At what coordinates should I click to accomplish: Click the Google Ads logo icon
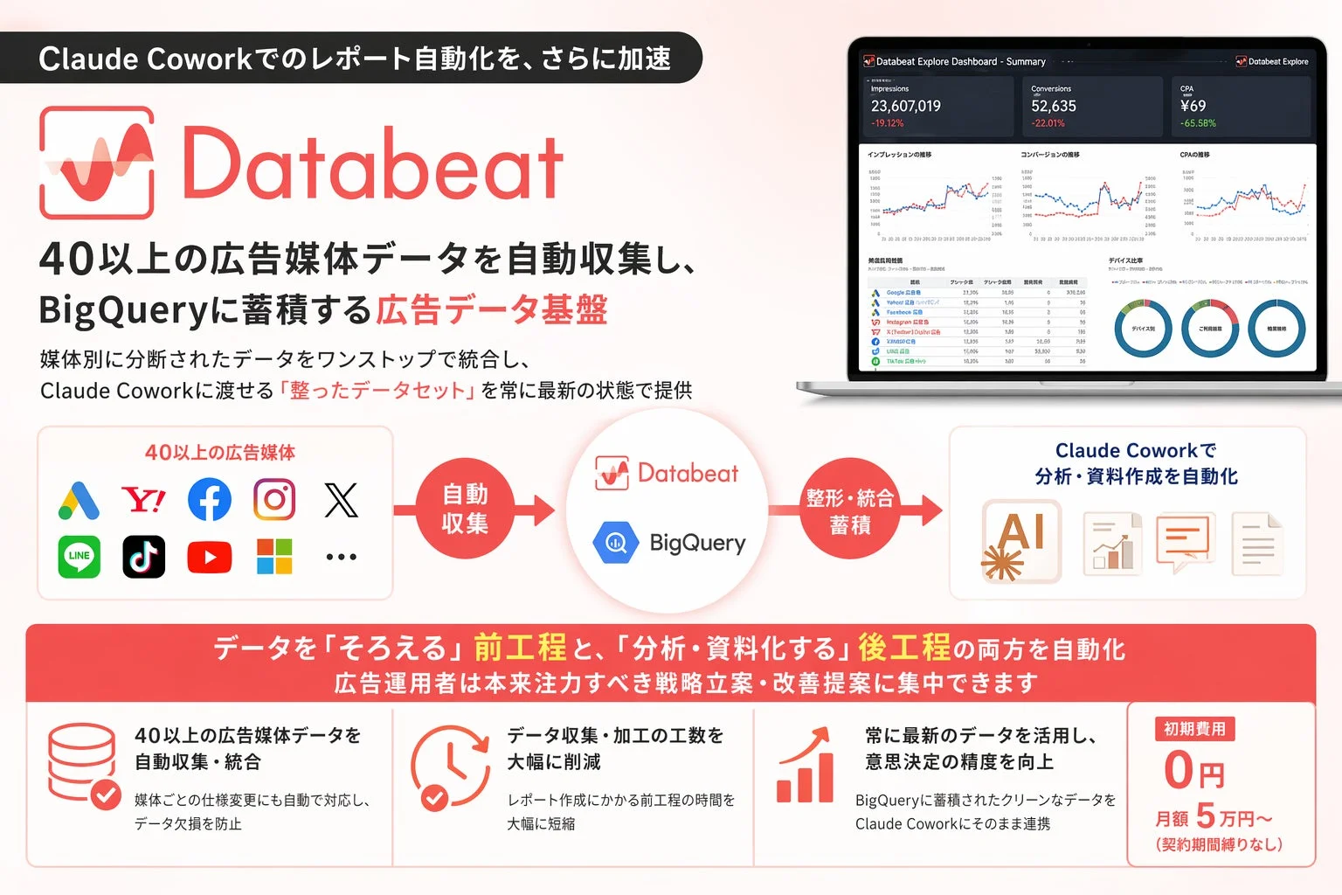80,500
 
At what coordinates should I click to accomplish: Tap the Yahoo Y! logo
144,500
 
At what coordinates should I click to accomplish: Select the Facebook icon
210,500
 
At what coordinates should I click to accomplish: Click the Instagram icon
274,500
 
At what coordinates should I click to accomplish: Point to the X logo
341,500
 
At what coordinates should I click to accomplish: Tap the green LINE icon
80,557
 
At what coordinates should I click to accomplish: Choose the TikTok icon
144,557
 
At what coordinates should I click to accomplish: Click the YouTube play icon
210,557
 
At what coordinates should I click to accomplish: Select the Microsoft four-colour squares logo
274,557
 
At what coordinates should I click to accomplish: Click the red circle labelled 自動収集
465,509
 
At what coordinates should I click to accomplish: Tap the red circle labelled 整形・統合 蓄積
849,510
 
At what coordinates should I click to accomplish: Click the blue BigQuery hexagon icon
616,543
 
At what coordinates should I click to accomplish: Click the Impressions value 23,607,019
905,106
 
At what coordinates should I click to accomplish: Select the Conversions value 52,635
1053,106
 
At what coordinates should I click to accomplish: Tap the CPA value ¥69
1193,106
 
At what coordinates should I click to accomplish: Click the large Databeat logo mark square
97,163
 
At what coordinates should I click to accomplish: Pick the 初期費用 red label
1194,729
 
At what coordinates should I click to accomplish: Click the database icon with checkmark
83,766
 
